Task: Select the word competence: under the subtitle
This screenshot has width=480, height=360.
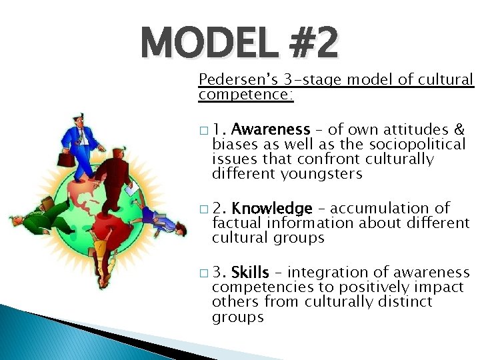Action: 245,95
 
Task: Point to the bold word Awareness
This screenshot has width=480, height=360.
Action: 271,129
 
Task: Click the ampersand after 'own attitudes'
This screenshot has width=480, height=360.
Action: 459,129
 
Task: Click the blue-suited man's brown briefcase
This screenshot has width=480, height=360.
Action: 65,160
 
